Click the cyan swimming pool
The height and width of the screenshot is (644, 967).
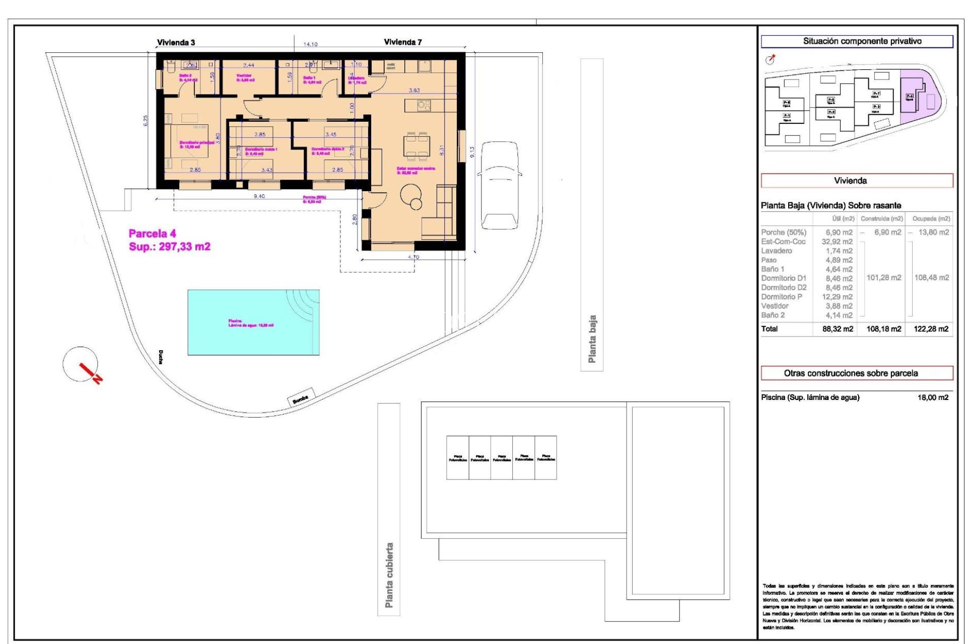[x=253, y=322]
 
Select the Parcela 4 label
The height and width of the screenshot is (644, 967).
[x=153, y=233]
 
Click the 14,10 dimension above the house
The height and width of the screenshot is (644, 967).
[x=310, y=44]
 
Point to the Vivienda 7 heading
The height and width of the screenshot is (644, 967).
[x=403, y=42]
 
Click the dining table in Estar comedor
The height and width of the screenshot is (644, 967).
[x=417, y=146]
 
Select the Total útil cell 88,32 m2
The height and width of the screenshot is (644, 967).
[x=838, y=329]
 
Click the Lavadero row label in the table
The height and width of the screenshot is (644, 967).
[x=776, y=251]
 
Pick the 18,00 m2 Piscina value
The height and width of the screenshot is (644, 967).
[x=933, y=397]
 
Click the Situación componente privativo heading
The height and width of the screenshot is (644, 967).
[x=862, y=41]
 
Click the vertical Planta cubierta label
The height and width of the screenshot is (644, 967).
[x=389, y=575]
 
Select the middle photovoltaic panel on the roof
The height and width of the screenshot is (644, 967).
[x=502, y=458]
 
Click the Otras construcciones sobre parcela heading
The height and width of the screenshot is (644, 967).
[x=851, y=373]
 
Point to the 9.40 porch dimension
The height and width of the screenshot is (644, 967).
[x=259, y=196]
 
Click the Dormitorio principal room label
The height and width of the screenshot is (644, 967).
[x=197, y=144]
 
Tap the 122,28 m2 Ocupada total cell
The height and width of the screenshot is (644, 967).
[x=931, y=329]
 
